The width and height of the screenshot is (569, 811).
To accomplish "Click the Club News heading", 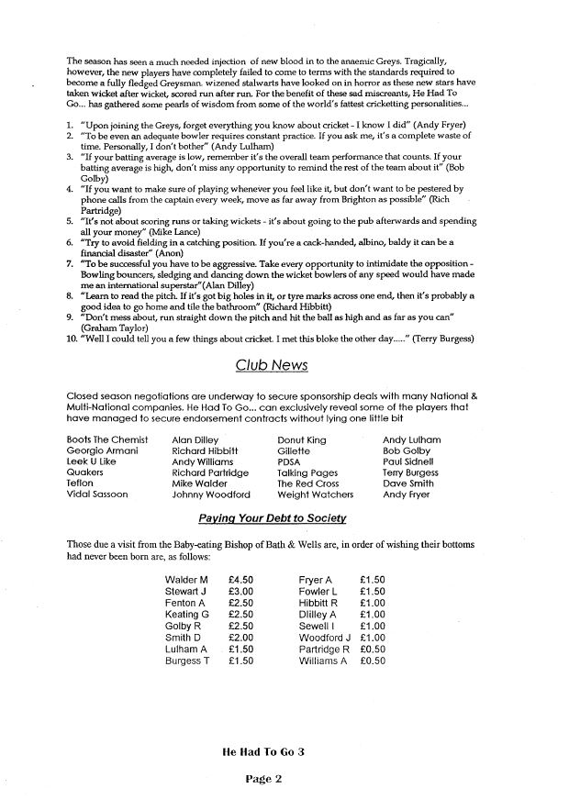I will click(x=271, y=364).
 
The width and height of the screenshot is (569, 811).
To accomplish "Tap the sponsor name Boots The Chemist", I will click(x=106, y=439).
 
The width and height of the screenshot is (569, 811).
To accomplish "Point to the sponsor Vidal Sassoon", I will click(x=97, y=494).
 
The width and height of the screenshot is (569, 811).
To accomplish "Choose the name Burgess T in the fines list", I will click(x=187, y=660).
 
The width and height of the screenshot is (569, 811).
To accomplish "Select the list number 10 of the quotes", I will click(x=72, y=339).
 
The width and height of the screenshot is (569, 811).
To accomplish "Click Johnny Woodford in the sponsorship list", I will click(x=210, y=494).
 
